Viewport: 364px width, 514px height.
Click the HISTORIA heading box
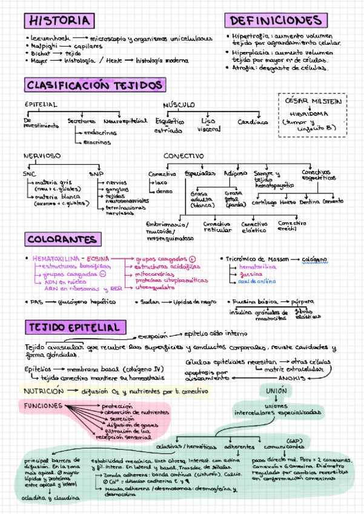pos(59,21)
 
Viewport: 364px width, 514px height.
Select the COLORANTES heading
pos(62,239)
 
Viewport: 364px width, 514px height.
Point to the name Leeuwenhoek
pos(50,39)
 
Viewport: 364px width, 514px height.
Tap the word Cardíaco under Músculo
pos(253,121)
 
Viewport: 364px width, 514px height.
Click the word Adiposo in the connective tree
pos(236,173)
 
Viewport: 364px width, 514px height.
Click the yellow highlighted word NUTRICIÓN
pos(41,392)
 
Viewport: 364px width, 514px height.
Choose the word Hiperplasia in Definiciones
pos(249,53)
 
